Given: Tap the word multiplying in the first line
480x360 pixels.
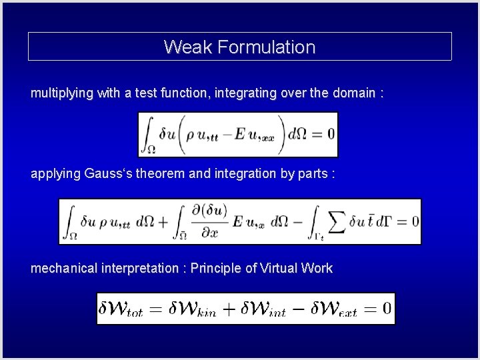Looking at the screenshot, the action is [x=61, y=93].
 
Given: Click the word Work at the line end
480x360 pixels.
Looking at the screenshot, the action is [x=317, y=268].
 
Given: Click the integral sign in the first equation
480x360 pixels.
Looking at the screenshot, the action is [x=149, y=134].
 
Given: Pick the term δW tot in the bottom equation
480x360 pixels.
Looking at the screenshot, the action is [x=123, y=309].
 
